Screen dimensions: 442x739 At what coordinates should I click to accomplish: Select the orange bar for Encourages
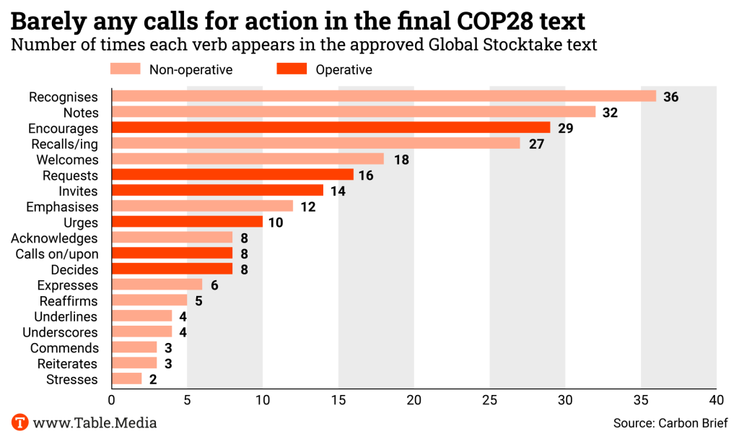[331, 128]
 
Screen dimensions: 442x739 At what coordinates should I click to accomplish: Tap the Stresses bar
[127, 379]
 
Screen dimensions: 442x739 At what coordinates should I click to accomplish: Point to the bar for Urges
[188, 222]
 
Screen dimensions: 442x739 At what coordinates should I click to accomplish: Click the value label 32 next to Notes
[611, 113]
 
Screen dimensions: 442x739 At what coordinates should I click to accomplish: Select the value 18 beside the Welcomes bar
[401, 160]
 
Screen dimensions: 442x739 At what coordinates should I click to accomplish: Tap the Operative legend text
[344, 69]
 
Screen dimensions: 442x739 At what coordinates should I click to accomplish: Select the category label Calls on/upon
[56, 253]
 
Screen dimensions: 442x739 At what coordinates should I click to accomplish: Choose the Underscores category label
[60, 332]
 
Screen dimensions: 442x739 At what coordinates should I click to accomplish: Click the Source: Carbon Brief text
[670, 423]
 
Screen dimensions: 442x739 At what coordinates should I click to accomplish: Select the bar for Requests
[233, 175]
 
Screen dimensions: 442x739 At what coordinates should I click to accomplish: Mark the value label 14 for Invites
[337, 191]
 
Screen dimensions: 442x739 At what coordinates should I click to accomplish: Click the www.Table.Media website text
[95, 423]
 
